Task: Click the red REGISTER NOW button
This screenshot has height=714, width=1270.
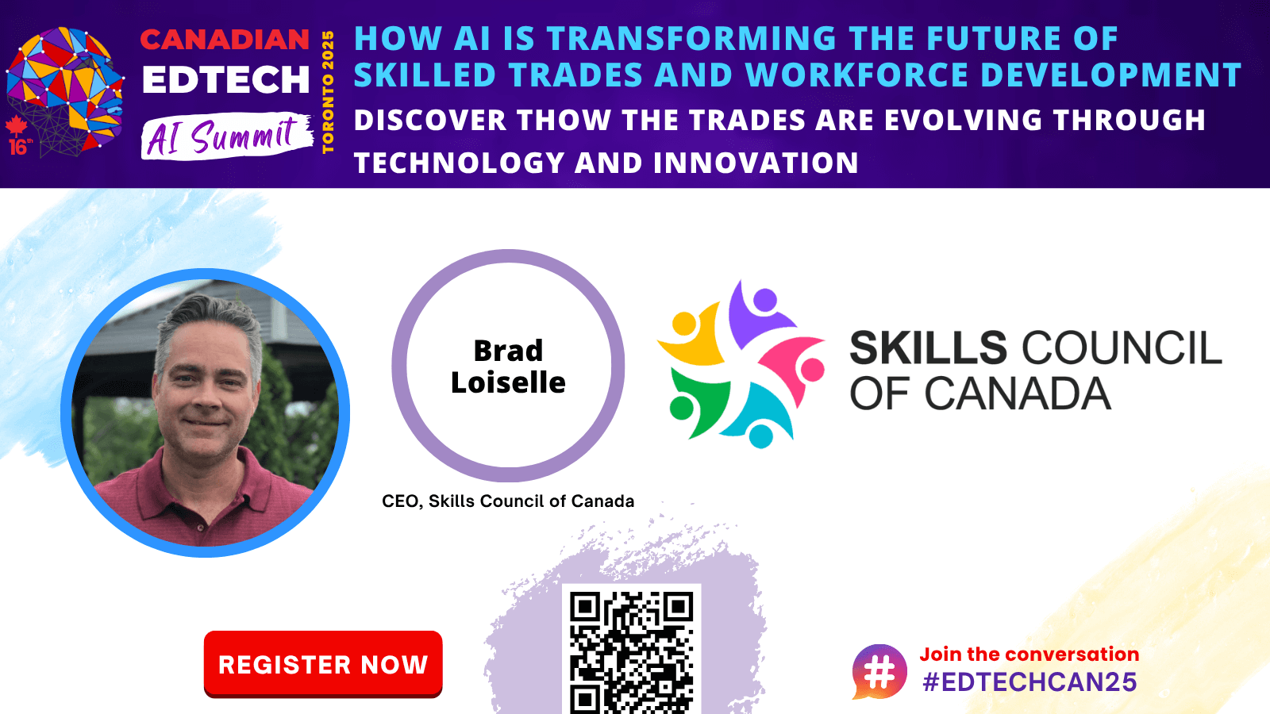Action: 322,663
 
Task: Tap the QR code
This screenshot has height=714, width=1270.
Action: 631,651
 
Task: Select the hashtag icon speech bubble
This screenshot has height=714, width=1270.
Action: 879,672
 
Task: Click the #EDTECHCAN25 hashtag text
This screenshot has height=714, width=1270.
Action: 1029,681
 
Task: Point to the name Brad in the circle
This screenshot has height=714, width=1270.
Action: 508,350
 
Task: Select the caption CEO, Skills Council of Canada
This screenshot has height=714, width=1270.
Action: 508,501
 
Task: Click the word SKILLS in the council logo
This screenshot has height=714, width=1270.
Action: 928,348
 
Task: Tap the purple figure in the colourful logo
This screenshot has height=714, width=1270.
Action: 757,312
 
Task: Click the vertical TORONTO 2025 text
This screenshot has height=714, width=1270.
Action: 328,92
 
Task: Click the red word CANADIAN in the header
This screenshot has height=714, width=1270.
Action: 225,39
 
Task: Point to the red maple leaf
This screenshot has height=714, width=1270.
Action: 16,126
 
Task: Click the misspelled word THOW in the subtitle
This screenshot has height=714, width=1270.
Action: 563,120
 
